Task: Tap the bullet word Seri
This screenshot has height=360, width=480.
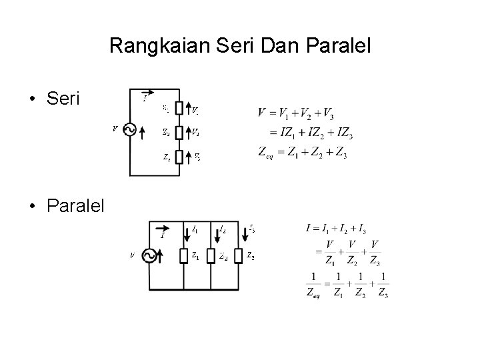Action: click(63, 99)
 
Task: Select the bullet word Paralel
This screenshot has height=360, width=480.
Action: click(76, 205)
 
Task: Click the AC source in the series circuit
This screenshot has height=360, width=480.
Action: click(130, 131)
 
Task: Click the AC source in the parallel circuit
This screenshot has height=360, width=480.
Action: click(149, 256)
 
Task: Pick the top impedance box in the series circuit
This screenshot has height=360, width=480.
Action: click(179, 109)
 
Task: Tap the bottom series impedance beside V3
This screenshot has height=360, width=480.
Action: click(179, 157)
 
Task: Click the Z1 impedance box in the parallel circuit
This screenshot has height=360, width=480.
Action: click(183, 256)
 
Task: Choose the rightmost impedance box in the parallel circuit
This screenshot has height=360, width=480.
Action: click(237, 256)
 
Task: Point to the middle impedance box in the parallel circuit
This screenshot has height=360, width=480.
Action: click(210, 256)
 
